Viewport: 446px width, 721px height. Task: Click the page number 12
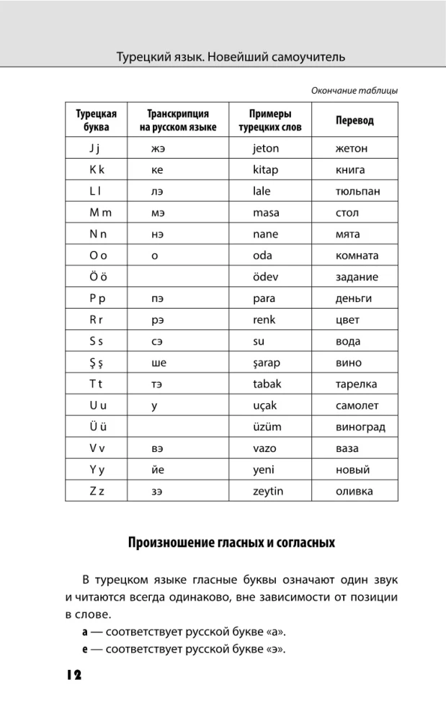coord(73,675)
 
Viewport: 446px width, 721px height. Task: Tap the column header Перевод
coord(354,120)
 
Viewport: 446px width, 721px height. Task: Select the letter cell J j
coord(96,149)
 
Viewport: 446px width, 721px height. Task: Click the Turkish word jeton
coord(266,149)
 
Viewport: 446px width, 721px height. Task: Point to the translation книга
coord(350,170)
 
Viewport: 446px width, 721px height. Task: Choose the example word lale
coord(262,192)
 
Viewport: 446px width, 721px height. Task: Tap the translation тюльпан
coord(357,192)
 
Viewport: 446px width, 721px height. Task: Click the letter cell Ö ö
coord(96,277)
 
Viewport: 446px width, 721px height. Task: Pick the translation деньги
coord(354,298)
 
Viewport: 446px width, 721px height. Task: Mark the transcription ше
coord(159,363)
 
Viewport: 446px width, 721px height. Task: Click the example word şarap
coord(267,363)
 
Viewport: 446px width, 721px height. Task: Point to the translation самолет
coord(357,405)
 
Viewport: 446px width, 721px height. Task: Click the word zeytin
coord(268,491)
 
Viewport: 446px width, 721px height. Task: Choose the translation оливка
coord(354,491)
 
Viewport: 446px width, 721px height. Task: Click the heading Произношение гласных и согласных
coord(231,542)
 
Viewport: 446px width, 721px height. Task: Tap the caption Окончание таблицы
coord(354,91)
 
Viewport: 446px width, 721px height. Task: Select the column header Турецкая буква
coord(96,120)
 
